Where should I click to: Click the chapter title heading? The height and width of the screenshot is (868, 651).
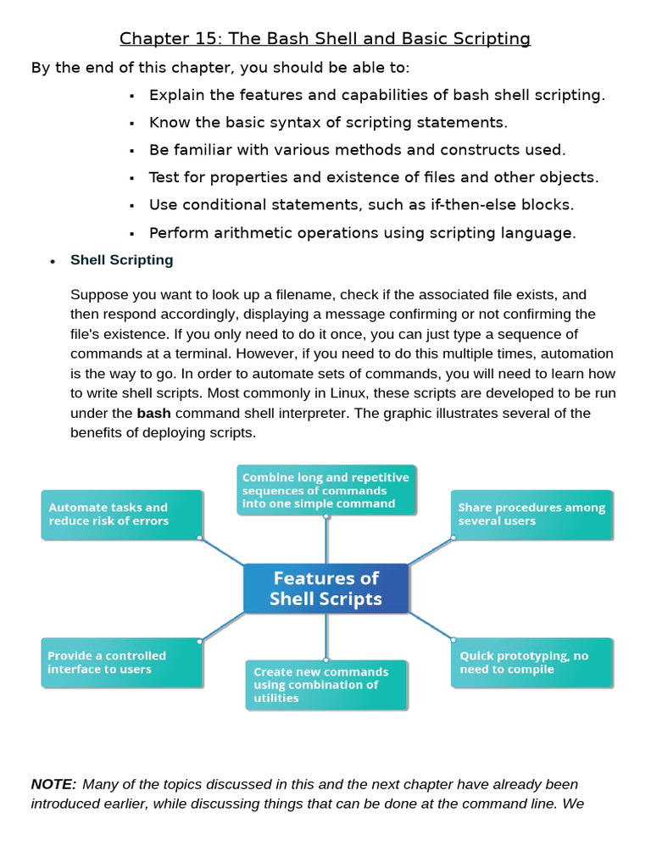pyautogui.click(x=325, y=38)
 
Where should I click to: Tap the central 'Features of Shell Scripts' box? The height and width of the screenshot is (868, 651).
pyautogui.click(x=325, y=588)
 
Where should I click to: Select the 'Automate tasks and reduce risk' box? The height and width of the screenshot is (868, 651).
pyautogui.click(x=122, y=515)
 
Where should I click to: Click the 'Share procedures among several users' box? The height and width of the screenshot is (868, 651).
pyautogui.click(x=531, y=515)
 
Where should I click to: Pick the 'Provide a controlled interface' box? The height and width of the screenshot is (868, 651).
pyautogui.click(x=122, y=662)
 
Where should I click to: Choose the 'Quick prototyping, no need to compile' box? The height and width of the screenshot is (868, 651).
pyautogui.click(x=531, y=662)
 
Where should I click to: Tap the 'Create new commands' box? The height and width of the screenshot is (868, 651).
pyautogui.click(x=325, y=685)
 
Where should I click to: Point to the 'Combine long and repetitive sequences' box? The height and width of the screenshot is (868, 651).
pyautogui.click(x=325, y=490)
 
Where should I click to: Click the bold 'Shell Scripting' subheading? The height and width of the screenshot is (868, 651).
pyautogui.click(x=121, y=260)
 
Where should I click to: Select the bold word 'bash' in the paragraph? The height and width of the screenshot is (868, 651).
pyautogui.click(x=153, y=414)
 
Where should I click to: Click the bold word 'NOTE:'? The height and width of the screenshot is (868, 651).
pyautogui.click(x=53, y=784)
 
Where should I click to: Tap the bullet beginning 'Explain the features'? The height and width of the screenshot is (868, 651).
pyautogui.click(x=376, y=95)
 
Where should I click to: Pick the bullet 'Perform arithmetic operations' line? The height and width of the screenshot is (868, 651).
pyautogui.click(x=362, y=232)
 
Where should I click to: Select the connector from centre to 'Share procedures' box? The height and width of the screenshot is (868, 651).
pyautogui.click(x=431, y=551)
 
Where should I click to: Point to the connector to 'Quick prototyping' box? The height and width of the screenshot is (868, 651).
pyautogui.click(x=431, y=626)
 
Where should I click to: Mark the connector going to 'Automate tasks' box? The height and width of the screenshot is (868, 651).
pyautogui.click(x=222, y=551)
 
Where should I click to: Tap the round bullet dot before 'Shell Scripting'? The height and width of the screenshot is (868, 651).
pyautogui.click(x=53, y=261)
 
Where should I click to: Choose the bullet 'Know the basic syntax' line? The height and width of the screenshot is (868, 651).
pyautogui.click(x=328, y=122)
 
